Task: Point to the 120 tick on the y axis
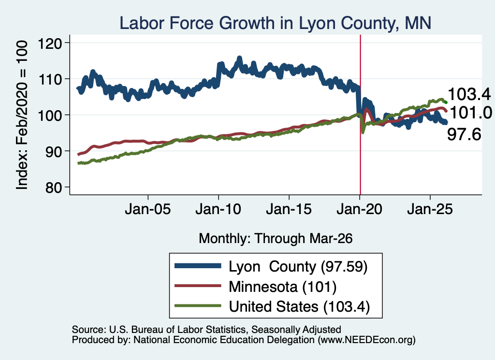tap(50, 43)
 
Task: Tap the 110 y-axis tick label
tap(50, 79)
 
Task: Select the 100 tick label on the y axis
tap(50, 115)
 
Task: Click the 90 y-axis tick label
tap(53, 151)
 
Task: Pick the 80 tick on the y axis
tap(53, 187)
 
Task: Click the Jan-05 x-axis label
tap(148, 209)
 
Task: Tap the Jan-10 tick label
tap(218, 209)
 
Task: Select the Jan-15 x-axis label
tap(289, 209)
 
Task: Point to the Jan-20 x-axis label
tap(360, 209)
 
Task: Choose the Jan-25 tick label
tap(430, 209)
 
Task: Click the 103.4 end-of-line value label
tap(469, 94)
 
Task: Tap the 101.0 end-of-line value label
tap(471, 113)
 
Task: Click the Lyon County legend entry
tap(272, 267)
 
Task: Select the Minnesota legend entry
tap(256, 287)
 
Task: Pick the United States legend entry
tap(273, 306)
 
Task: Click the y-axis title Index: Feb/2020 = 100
tap(22, 115)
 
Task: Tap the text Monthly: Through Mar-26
tap(276, 239)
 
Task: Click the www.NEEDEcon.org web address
tap(366, 340)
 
